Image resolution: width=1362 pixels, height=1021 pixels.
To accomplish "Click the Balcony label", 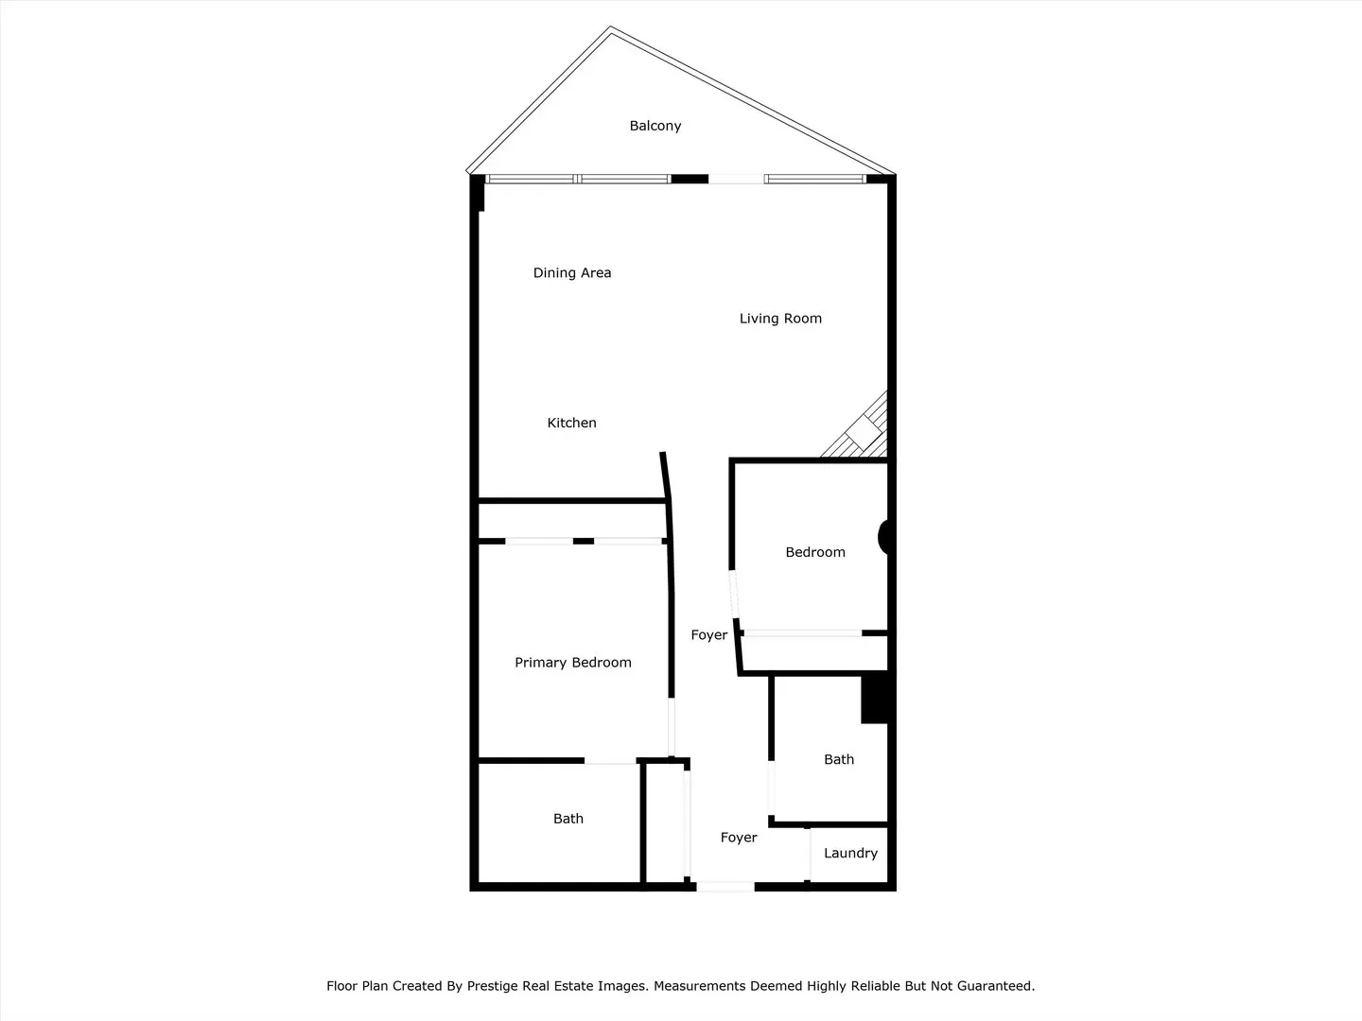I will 655,126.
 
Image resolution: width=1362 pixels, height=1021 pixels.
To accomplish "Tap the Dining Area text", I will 572,273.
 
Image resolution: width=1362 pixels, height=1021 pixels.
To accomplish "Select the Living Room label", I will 780,319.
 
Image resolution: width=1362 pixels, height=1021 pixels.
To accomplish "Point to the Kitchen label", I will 572,423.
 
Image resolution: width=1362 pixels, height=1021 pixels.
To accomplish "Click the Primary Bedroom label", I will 573,663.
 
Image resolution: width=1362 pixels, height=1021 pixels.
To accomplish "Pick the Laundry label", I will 850,853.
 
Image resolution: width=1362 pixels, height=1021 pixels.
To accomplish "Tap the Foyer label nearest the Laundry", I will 739,838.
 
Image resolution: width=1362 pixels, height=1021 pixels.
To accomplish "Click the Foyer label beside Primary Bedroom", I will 709,635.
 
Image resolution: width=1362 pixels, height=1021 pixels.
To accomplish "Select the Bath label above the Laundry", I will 839,759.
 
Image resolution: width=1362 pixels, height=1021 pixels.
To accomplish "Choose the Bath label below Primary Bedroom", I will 568,819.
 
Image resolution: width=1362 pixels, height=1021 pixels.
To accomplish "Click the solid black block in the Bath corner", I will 874,700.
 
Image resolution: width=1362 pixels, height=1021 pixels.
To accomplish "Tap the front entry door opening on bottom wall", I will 725,887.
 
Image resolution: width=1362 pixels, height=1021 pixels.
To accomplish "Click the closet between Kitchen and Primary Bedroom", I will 571,520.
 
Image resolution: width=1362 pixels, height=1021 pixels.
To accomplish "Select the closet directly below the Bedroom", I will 813,653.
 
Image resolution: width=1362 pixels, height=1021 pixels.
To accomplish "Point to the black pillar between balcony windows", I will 690,179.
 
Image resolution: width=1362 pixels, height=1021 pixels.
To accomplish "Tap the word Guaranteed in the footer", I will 995,986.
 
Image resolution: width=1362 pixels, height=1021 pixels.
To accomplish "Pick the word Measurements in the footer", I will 699,986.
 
